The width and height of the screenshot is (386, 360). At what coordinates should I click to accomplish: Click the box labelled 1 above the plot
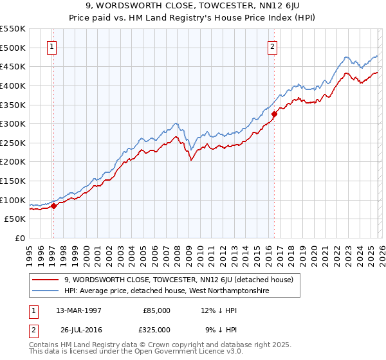(51, 46)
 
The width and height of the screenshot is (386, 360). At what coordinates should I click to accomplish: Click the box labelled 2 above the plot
(273, 46)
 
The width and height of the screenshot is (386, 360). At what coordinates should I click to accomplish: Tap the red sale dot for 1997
(54, 206)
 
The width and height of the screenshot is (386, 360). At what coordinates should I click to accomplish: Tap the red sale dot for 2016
(275, 114)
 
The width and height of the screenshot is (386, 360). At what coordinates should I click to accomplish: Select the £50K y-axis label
(15, 219)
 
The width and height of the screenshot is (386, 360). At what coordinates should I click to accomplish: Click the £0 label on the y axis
(19, 239)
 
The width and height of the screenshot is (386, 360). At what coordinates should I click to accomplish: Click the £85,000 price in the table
(156, 310)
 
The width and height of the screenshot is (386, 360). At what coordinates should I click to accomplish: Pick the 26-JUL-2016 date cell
(81, 329)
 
